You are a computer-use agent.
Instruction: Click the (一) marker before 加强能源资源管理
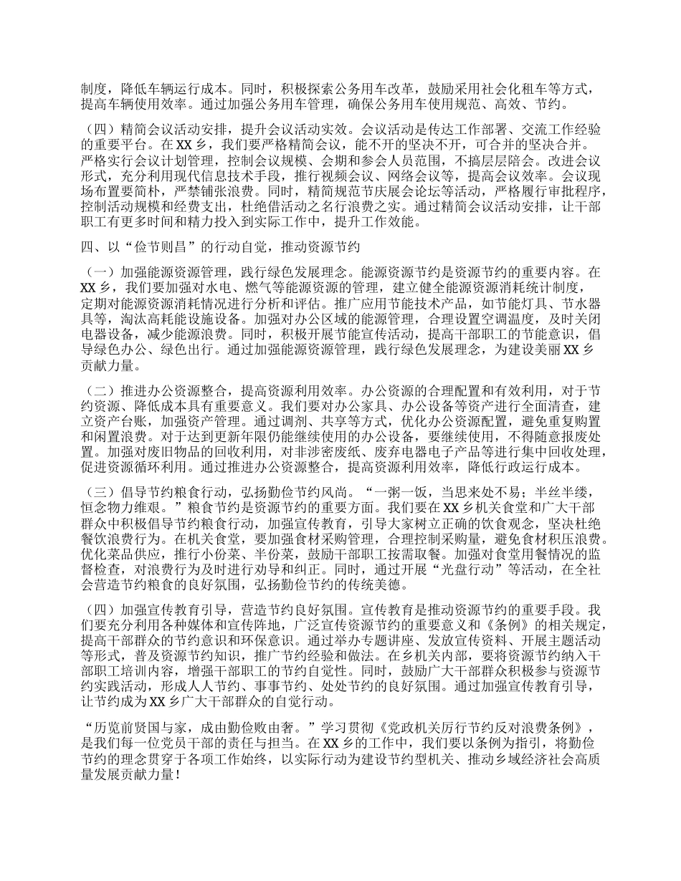tap(100, 273)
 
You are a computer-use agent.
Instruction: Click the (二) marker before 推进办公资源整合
tap(100, 391)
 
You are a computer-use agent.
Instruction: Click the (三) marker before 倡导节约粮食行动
tap(100, 494)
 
